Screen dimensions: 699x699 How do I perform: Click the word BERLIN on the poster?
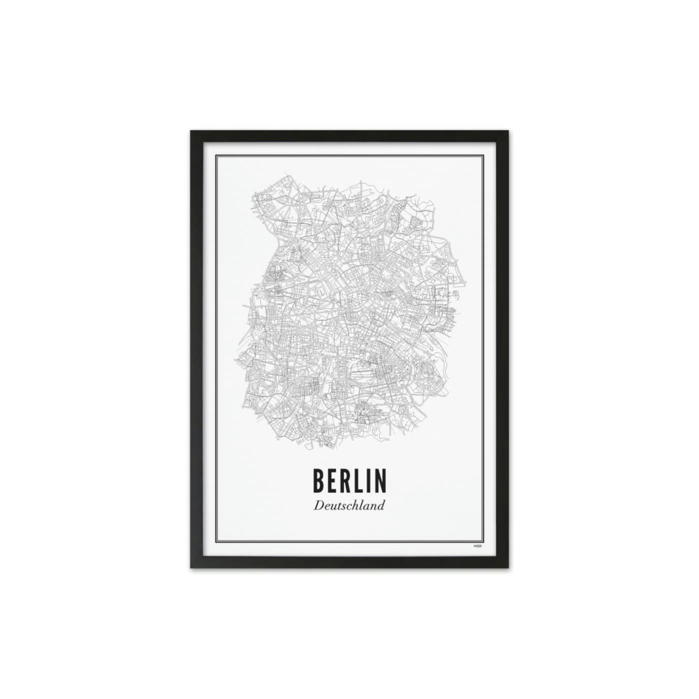click(349, 480)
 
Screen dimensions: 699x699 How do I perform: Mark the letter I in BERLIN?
click(367, 480)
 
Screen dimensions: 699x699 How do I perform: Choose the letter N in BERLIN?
click(379, 480)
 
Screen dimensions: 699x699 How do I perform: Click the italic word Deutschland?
click(349, 505)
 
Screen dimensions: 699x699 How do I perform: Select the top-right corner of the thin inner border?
click(484, 156)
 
